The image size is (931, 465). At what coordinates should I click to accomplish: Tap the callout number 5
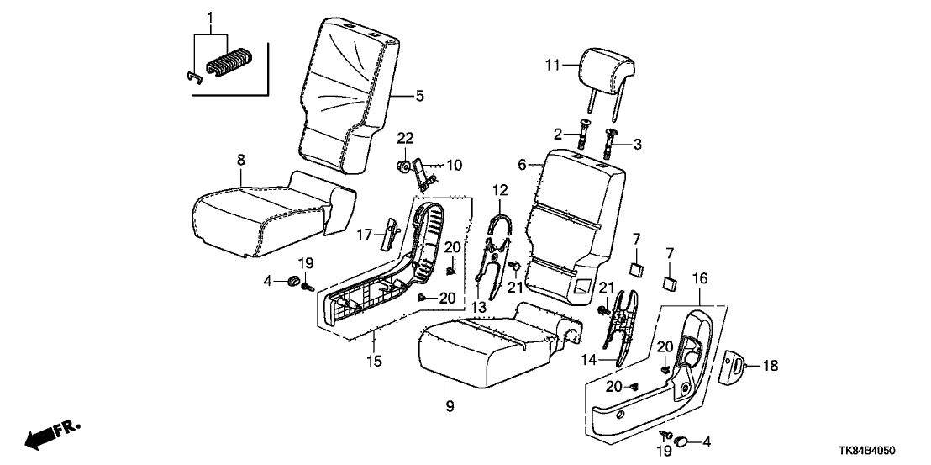point(420,96)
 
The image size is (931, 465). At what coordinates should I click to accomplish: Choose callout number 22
point(406,138)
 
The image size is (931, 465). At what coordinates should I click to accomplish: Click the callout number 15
point(374,362)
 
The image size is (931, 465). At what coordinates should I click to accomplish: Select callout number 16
point(699,278)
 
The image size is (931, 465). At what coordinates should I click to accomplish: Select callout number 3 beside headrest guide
point(638,145)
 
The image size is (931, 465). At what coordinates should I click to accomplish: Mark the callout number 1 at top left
point(210,18)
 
